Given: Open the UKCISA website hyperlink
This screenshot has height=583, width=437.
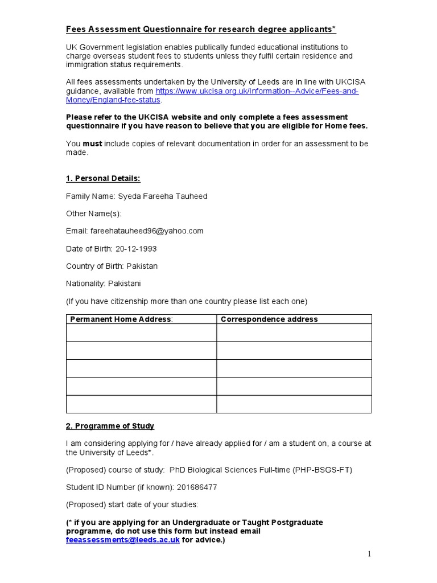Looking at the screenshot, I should pyautogui.click(x=257, y=92).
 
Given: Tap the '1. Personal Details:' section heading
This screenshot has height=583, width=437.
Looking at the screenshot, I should pyautogui.click(x=103, y=178).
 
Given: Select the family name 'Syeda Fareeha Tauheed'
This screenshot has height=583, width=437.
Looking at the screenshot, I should pyautogui.click(x=162, y=196).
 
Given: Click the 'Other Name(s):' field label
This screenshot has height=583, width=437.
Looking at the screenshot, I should pyautogui.click(x=93, y=214).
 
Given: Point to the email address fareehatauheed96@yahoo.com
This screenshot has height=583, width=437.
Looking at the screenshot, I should pyautogui.click(x=146, y=231).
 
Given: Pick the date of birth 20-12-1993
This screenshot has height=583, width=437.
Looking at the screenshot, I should pyautogui.click(x=136, y=249).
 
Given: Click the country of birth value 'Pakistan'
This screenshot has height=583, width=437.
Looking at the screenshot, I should pyautogui.click(x=142, y=266).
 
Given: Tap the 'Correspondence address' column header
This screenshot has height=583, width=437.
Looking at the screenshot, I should pyautogui.click(x=269, y=319).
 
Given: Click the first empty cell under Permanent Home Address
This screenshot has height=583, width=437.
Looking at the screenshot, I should pyautogui.click(x=141, y=333).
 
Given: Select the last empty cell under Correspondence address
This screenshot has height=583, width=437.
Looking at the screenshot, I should pyautogui.click(x=294, y=404).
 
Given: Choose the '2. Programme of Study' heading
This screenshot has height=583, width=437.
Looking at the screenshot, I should pyautogui.click(x=110, y=426).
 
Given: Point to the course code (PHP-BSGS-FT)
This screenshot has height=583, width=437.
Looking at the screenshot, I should pyautogui.click(x=323, y=470).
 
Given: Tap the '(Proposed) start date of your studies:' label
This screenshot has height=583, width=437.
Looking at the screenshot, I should pyautogui.click(x=131, y=505).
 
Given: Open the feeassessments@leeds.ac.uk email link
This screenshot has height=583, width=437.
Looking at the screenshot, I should pyautogui.click(x=123, y=540).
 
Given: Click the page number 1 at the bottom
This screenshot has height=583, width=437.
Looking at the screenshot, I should pyautogui.click(x=369, y=555).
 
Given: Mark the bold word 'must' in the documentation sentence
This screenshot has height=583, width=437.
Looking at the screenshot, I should pyautogui.click(x=93, y=143).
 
